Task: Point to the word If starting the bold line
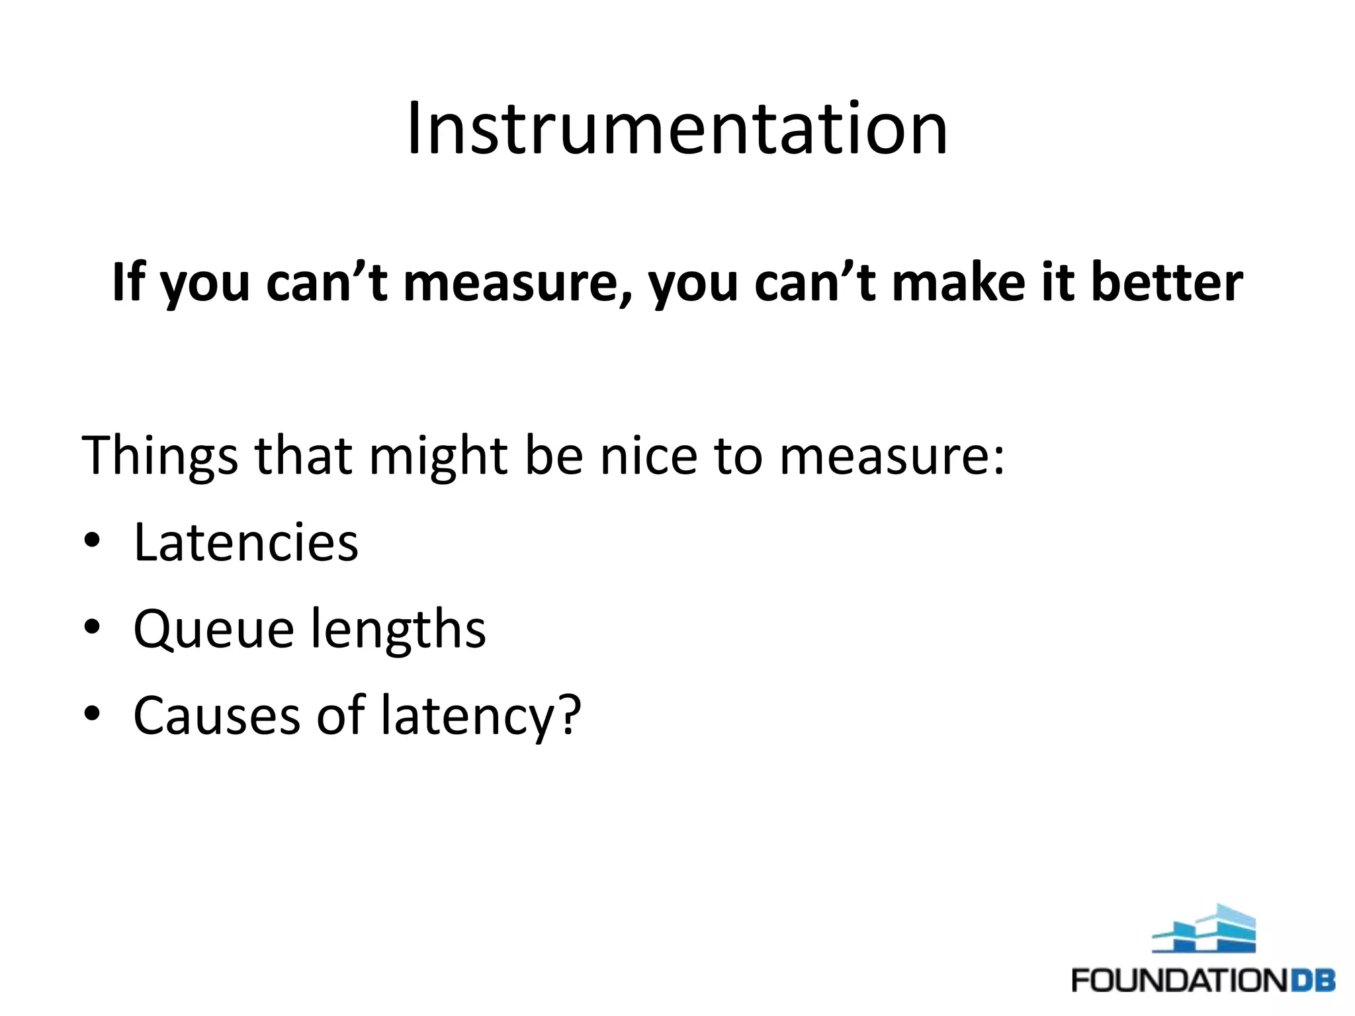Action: coord(128,282)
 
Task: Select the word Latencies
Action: coord(245,542)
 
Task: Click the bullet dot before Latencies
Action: coord(92,541)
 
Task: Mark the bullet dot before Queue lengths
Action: coord(92,628)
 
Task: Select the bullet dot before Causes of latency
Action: coord(92,714)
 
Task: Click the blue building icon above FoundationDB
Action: coord(1203,929)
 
